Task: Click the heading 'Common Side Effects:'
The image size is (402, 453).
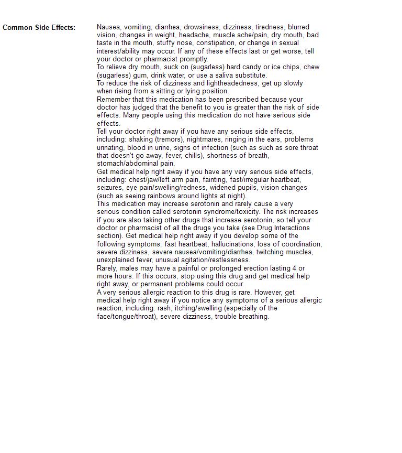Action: coord(39,27)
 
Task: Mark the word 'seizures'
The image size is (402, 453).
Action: coord(110,188)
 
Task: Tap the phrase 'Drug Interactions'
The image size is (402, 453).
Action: coord(283,228)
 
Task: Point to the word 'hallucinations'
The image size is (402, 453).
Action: coord(234,244)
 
